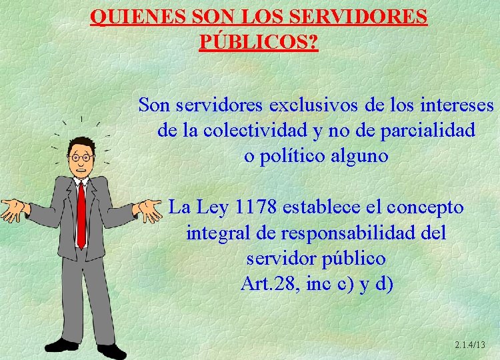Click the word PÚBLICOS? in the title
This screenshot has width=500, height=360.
pyautogui.click(x=259, y=42)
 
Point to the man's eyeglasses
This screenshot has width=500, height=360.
pyautogui.click(x=81, y=157)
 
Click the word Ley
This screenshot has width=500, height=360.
pyautogui.click(x=210, y=207)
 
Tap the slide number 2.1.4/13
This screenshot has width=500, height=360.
pyautogui.click(x=469, y=344)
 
